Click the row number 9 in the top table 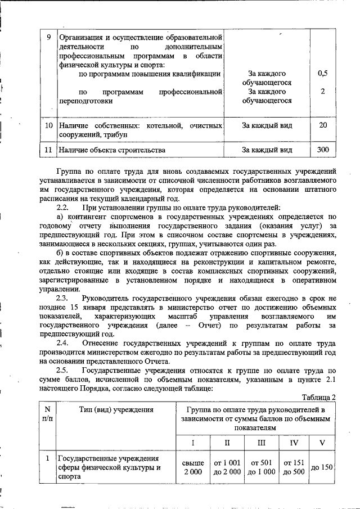click(x=49, y=38)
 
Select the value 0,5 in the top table click(x=323, y=74)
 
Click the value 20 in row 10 click(x=323, y=125)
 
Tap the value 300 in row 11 click(x=323, y=150)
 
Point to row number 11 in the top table click(x=48, y=150)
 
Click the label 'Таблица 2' click(x=319, y=398)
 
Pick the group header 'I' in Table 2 click(x=192, y=443)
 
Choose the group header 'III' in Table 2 click(x=262, y=443)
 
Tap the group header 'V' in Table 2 click(x=322, y=443)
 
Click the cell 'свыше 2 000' click(x=192, y=467)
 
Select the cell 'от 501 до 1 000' click(x=262, y=467)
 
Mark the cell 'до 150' click(x=322, y=467)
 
